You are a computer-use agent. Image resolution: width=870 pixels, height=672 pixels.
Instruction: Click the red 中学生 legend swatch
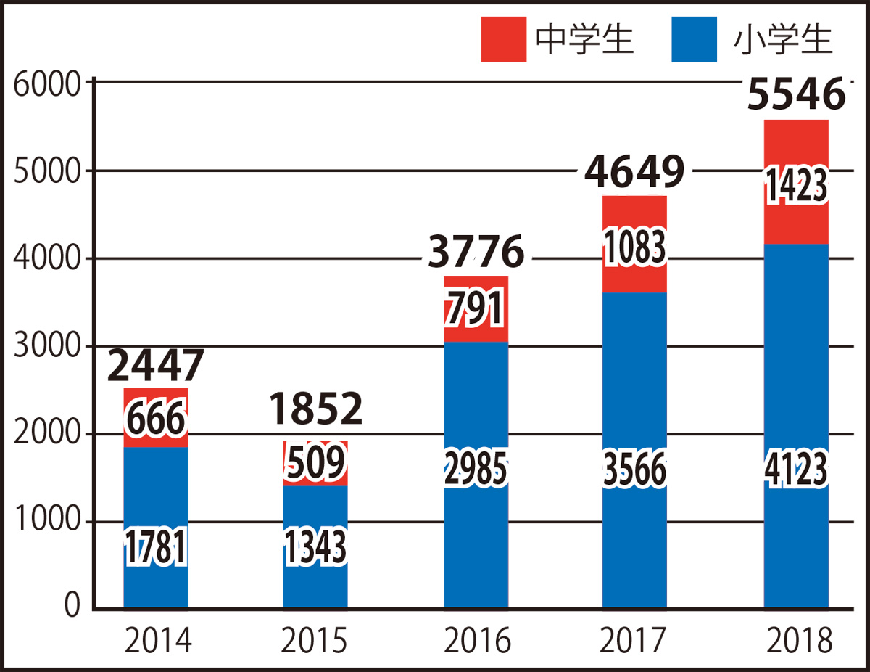click(x=502, y=40)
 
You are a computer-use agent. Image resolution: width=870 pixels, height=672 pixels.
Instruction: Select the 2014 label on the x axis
click(x=156, y=642)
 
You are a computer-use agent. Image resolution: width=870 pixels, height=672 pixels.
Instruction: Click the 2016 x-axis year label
click(x=476, y=642)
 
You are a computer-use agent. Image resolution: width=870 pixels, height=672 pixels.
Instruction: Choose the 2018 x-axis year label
click(x=796, y=642)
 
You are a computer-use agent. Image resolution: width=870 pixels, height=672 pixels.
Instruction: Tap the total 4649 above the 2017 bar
click(x=634, y=172)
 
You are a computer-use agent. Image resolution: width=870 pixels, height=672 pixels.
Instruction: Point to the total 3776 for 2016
click(x=476, y=253)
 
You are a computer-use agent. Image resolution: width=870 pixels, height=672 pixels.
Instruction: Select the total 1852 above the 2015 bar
click(x=315, y=410)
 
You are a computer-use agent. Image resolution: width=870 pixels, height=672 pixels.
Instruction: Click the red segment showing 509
click(x=315, y=463)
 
